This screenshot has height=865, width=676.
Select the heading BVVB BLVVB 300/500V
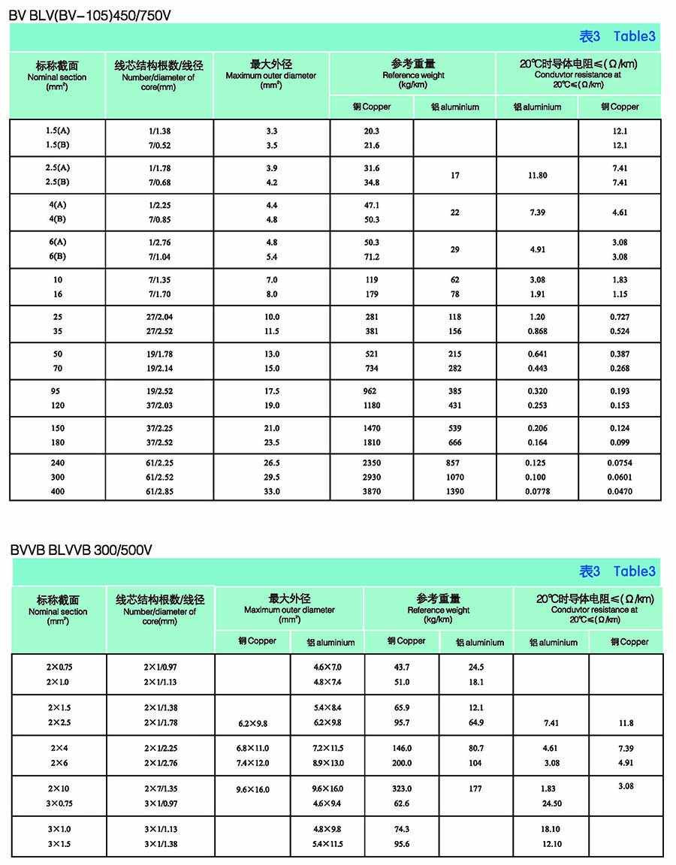81,550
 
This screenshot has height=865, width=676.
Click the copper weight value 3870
372,492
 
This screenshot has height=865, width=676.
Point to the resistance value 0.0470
620,492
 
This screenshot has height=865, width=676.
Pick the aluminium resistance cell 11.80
537,175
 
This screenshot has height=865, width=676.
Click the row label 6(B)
58,258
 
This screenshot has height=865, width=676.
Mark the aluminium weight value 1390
454,492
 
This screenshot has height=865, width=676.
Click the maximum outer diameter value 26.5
271,463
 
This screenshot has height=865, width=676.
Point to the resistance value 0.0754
620,463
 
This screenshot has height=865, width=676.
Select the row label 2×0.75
59,668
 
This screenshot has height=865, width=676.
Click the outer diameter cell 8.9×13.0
327,763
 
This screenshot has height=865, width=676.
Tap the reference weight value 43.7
402,668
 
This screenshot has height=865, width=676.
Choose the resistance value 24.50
551,803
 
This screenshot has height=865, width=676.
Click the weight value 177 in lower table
475,789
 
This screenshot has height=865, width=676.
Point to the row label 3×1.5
59,843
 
